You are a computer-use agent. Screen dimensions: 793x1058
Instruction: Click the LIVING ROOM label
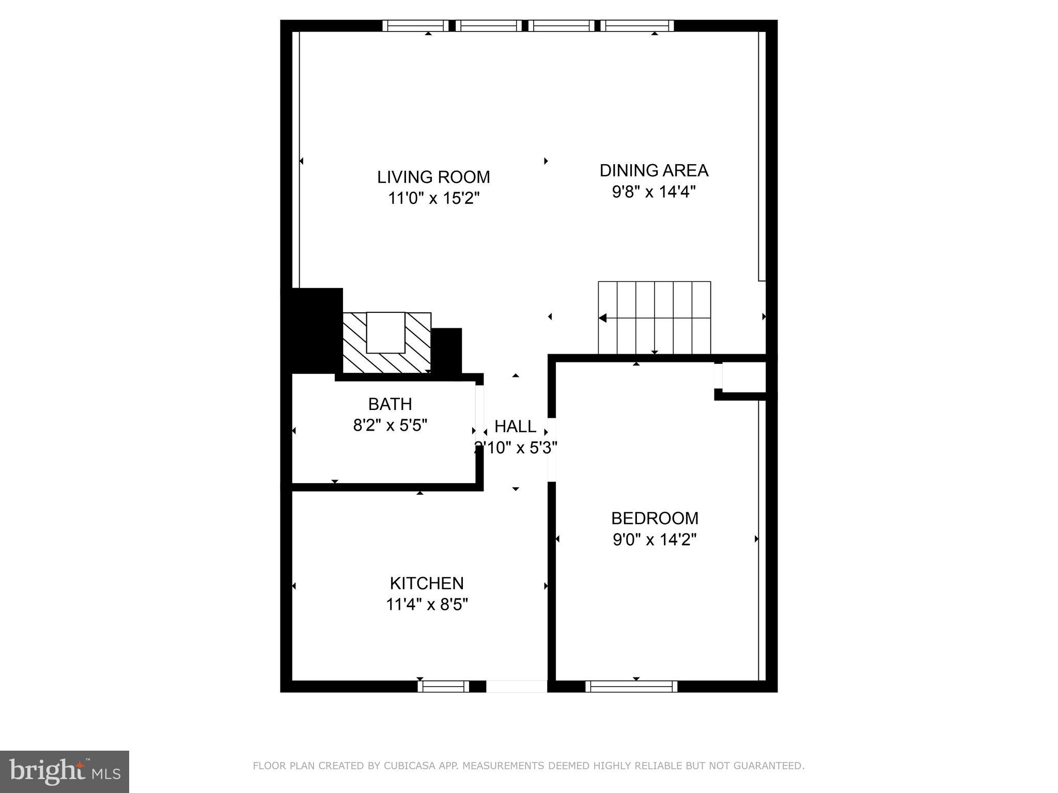pos(433,177)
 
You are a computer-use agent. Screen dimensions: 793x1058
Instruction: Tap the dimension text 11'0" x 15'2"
pos(434,198)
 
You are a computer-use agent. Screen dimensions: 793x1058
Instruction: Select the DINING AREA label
pos(654,170)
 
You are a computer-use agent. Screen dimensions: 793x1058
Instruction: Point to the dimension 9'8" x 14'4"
pos(654,192)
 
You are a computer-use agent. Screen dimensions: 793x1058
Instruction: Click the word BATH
pos(390,404)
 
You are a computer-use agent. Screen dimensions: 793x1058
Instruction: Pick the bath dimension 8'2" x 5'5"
pos(390,425)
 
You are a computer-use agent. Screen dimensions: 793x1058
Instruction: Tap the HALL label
pos(515,426)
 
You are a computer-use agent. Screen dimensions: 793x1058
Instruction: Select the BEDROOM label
pos(655,518)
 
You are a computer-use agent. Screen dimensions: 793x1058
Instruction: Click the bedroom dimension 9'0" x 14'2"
pos(655,540)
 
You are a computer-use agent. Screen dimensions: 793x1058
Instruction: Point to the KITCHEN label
pos(426,583)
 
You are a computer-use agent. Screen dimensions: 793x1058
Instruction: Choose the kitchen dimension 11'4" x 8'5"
pos(427,605)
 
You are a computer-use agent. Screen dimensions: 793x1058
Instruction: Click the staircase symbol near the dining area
pos(654,318)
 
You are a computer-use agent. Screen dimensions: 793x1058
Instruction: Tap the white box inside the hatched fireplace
pos(385,332)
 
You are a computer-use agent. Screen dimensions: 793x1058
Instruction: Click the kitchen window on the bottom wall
pos(443,686)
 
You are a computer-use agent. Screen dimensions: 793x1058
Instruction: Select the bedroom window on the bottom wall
pos(631,686)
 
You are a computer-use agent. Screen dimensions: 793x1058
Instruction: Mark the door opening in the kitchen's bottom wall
pos(516,686)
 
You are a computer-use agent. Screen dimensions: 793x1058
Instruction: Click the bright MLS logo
pos(64,771)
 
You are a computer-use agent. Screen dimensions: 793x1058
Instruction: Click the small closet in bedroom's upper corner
pos(743,377)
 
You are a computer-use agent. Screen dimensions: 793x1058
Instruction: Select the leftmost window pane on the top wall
pos(415,26)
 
